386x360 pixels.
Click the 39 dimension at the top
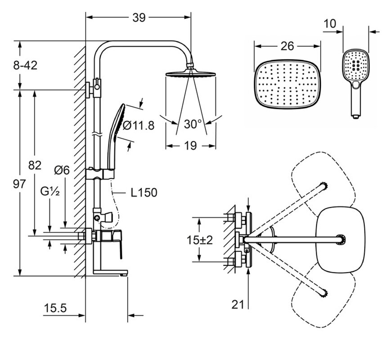139,18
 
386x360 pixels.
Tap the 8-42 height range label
25,65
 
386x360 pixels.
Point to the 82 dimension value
35,165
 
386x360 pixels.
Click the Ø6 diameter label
61,170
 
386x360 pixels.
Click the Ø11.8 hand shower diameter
138,126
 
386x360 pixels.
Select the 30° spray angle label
193,124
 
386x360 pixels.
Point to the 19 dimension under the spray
191,145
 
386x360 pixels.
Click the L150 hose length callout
144,193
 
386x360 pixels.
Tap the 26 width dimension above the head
287,46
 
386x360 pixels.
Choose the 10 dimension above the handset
330,23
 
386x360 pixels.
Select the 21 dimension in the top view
238,305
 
